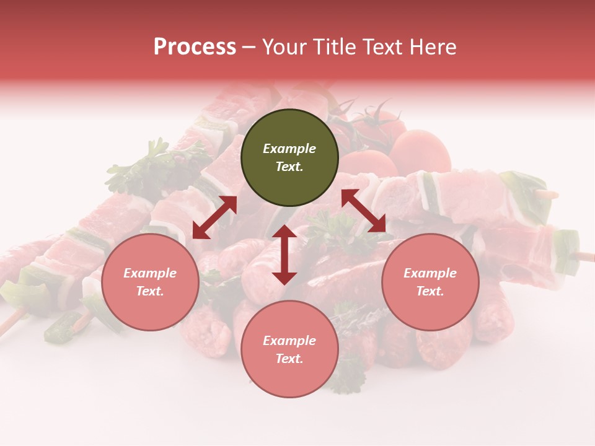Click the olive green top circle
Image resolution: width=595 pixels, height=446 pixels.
click(289, 157)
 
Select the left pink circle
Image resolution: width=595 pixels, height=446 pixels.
click(150, 282)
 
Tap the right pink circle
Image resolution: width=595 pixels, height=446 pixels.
click(430, 282)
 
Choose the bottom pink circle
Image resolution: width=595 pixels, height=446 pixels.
click(289, 349)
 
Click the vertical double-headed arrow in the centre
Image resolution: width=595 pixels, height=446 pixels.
click(284, 255)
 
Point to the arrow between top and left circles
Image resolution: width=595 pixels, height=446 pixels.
click(214, 217)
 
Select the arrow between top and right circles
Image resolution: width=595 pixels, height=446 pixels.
click(364, 211)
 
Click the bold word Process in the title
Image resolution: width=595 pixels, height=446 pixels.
click(195, 46)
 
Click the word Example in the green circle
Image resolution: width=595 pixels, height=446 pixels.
click(289, 149)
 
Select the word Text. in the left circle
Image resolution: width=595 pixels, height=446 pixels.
click(150, 291)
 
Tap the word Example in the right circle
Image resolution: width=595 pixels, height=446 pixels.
click(430, 273)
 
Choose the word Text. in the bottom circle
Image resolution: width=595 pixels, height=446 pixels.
click(289, 359)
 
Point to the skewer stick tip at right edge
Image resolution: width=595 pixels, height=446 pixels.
click(586, 255)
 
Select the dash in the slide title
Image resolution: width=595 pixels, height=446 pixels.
click(249, 47)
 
